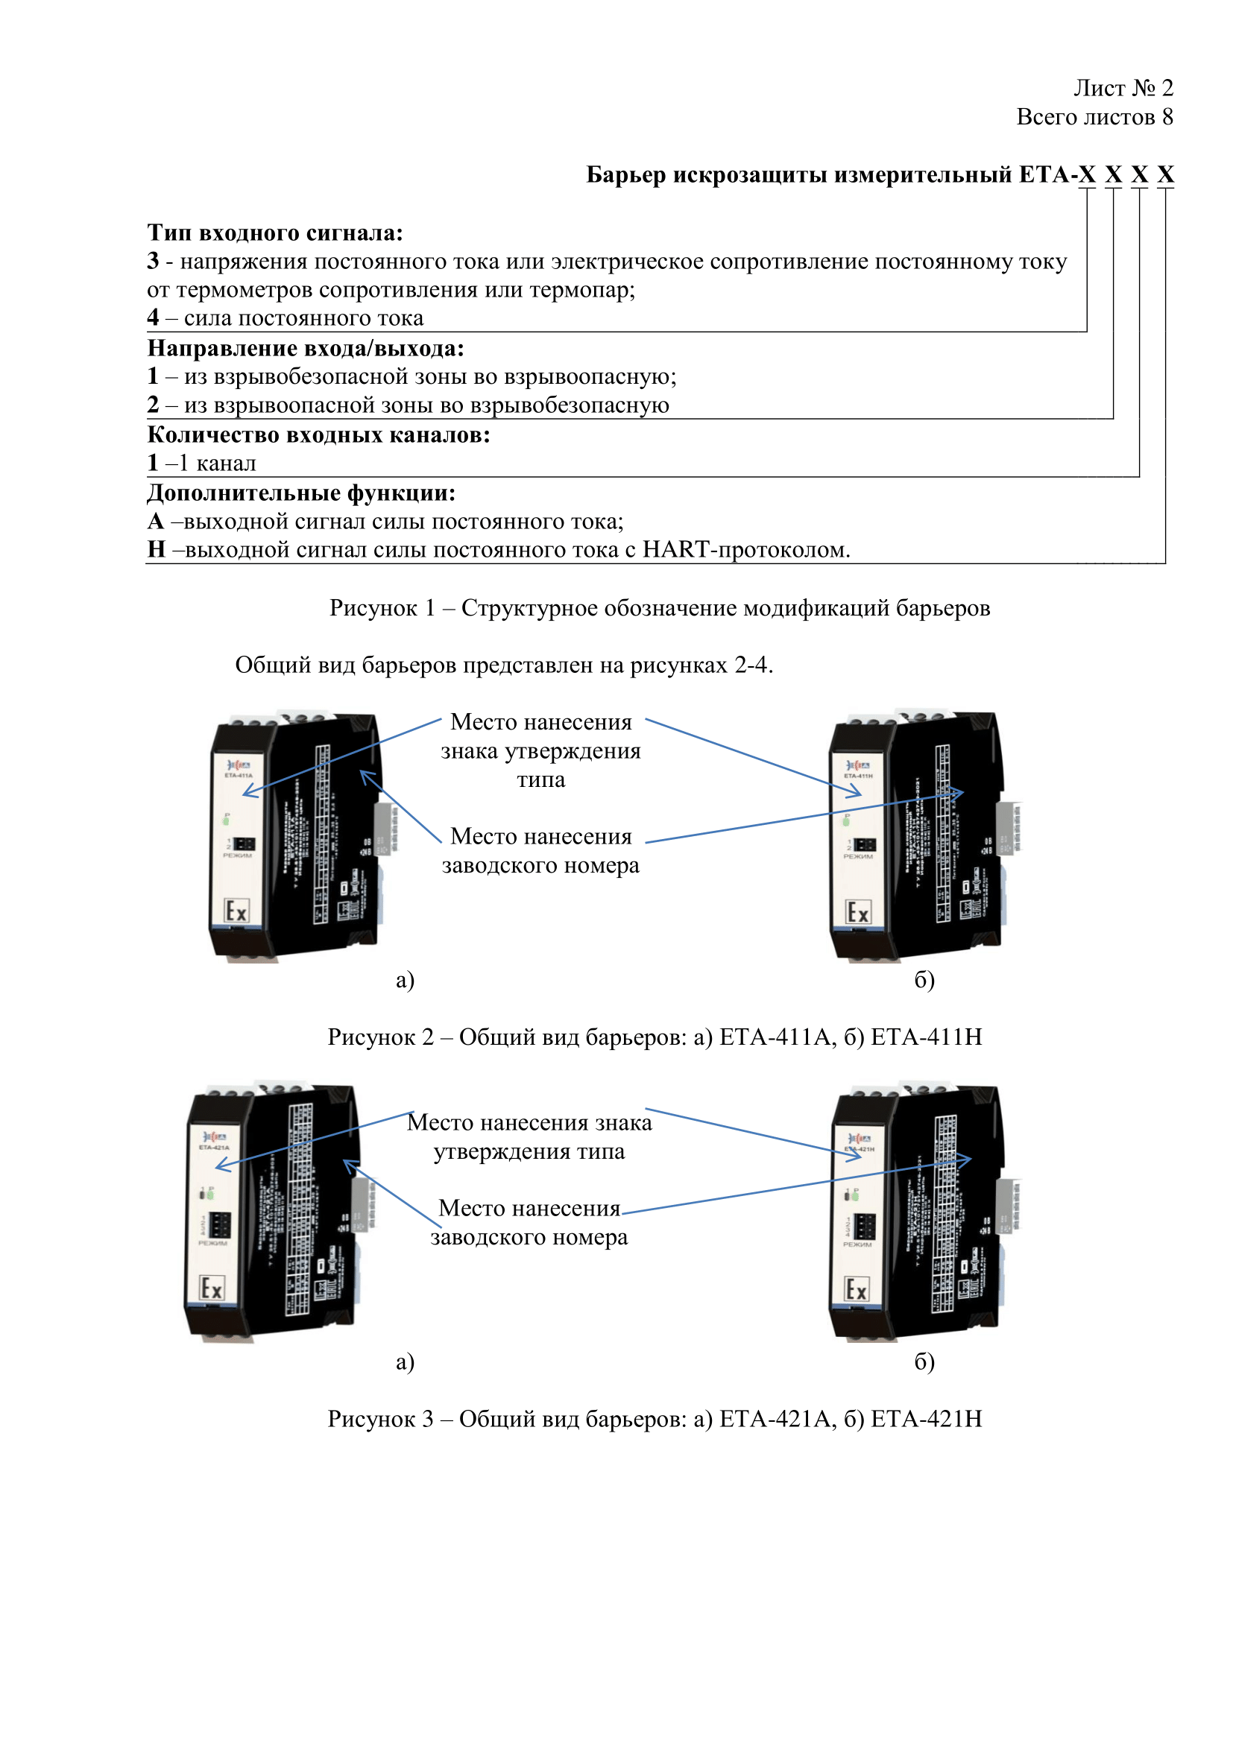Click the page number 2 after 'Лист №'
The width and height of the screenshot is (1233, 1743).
1167,88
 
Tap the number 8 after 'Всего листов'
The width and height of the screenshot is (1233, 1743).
1167,117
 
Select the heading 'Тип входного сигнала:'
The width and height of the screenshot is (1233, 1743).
275,232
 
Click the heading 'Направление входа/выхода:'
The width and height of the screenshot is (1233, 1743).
305,348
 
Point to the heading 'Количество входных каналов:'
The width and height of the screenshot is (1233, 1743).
318,435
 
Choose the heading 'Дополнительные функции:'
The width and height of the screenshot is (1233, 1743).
300,493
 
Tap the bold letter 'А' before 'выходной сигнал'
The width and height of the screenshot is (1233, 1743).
156,522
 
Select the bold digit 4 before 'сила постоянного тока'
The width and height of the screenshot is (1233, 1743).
153,317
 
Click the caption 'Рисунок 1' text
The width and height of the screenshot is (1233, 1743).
382,608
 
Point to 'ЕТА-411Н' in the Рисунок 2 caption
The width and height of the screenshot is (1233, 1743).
926,1037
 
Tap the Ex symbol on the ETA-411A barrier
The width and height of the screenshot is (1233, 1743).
237,911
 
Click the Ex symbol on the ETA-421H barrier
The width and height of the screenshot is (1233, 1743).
857,1289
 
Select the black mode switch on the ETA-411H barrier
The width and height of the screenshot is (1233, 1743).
865,844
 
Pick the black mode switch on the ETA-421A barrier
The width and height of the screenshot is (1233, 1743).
220,1224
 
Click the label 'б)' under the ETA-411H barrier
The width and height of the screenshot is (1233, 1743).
924,979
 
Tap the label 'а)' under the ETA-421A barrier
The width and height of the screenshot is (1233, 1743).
405,1361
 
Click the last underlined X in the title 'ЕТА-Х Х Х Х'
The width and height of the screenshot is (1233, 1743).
1165,174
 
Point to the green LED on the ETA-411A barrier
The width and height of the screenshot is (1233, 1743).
227,820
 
